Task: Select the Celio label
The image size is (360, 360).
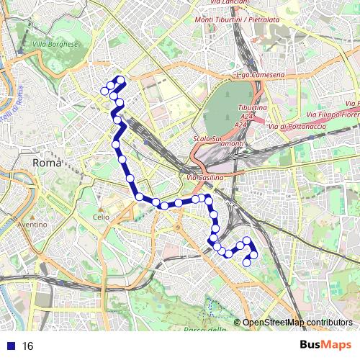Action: point(101,216)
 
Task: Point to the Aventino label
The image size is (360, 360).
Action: point(32,225)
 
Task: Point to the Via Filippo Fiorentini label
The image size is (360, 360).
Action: point(333,114)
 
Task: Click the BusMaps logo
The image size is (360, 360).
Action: point(325,345)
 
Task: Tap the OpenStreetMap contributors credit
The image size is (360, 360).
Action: point(297,323)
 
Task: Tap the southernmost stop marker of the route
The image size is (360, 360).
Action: point(246,262)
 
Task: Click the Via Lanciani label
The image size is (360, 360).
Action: point(231,3)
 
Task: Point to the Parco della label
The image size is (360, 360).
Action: point(204,330)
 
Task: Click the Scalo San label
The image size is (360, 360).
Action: point(207,138)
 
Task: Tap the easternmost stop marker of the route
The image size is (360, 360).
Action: point(253,256)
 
